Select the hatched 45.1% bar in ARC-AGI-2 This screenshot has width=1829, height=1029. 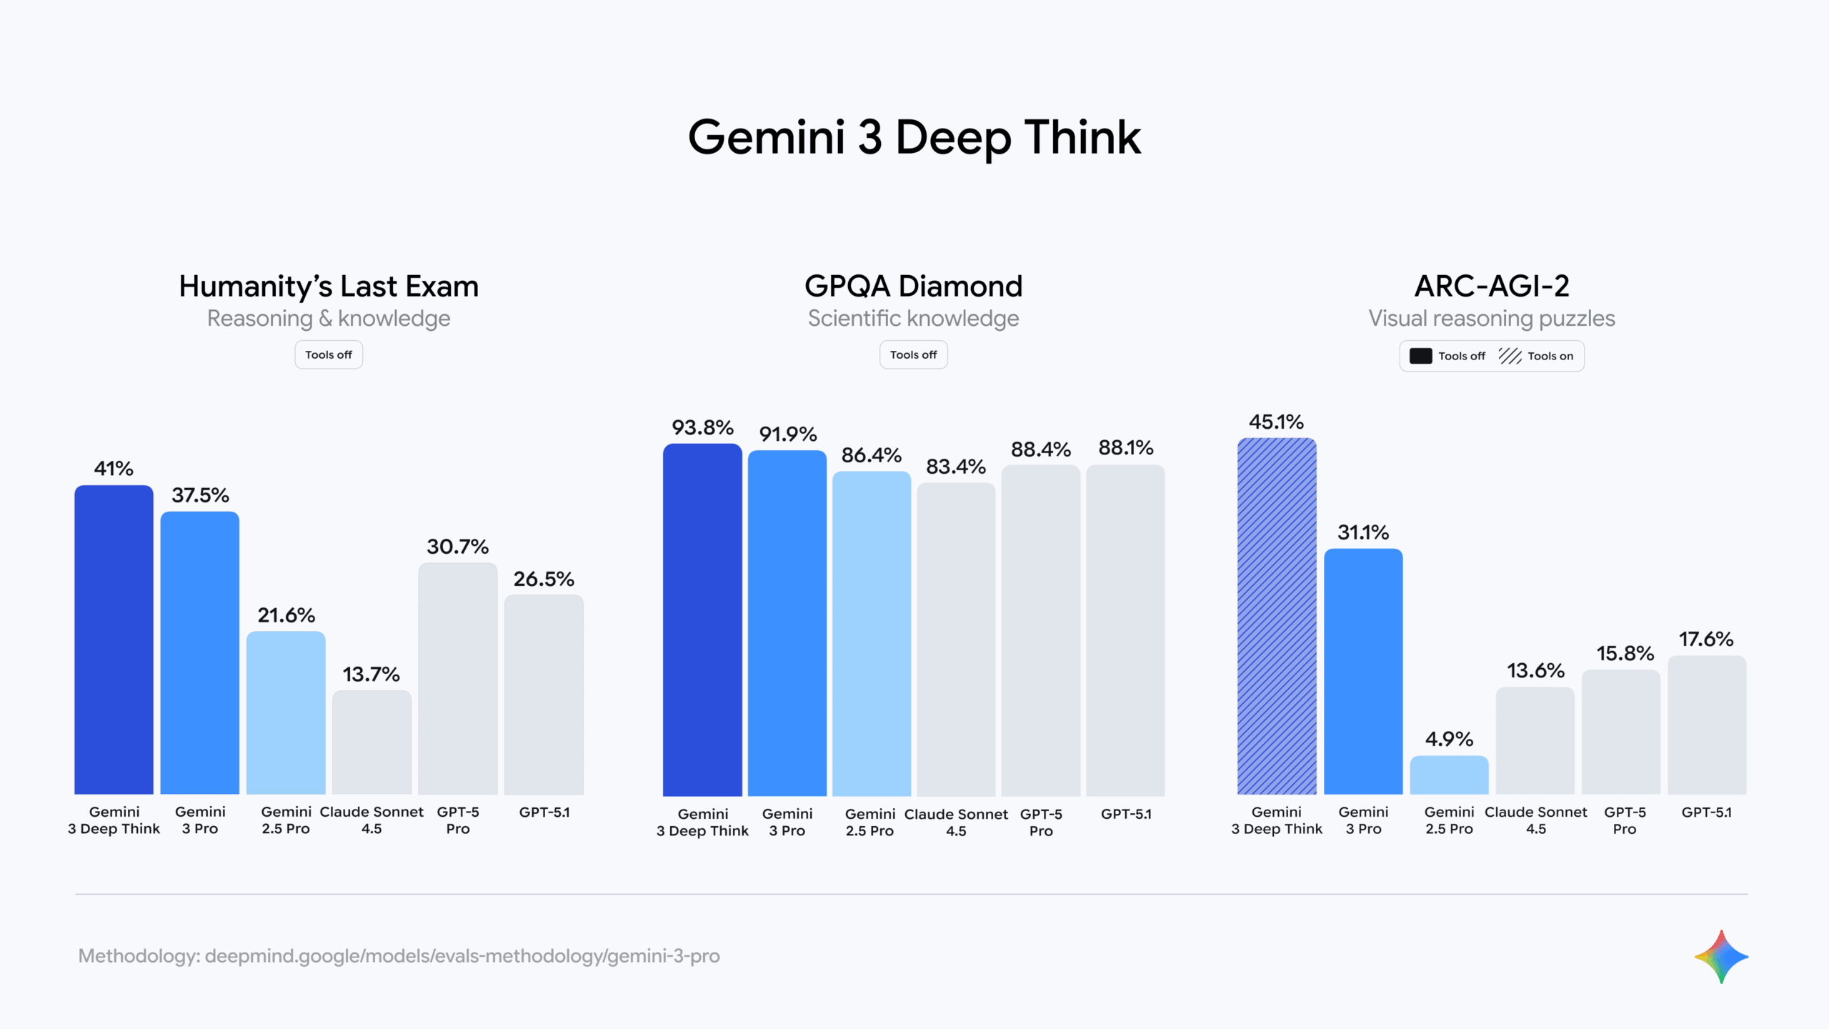(x=1277, y=616)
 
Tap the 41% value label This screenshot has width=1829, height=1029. (x=114, y=469)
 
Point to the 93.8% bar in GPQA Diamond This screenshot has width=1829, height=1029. (x=702, y=620)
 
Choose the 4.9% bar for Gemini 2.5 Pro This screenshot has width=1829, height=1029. (x=1449, y=775)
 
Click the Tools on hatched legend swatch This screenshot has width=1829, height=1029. (x=1510, y=356)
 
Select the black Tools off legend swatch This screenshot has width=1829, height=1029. (x=1420, y=356)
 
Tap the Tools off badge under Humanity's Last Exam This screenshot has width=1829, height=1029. (x=329, y=354)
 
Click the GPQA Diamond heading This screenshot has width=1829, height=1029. (x=914, y=286)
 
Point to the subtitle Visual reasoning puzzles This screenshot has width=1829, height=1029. (x=1492, y=318)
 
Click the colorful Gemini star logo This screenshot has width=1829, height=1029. (x=1721, y=956)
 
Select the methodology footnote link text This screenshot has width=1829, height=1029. (x=399, y=956)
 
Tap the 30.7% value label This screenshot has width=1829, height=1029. (x=458, y=547)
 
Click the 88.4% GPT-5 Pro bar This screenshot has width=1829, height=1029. (x=1040, y=630)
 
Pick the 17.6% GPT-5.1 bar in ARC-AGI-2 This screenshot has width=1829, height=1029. (x=1707, y=725)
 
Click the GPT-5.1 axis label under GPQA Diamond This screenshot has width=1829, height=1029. (x=1126, y=814)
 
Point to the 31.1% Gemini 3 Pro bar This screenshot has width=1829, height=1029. (x=1363, y=671)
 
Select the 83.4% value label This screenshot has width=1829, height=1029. (x=956, y=467)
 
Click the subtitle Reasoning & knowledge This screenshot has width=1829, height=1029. (x=329, y=318)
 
